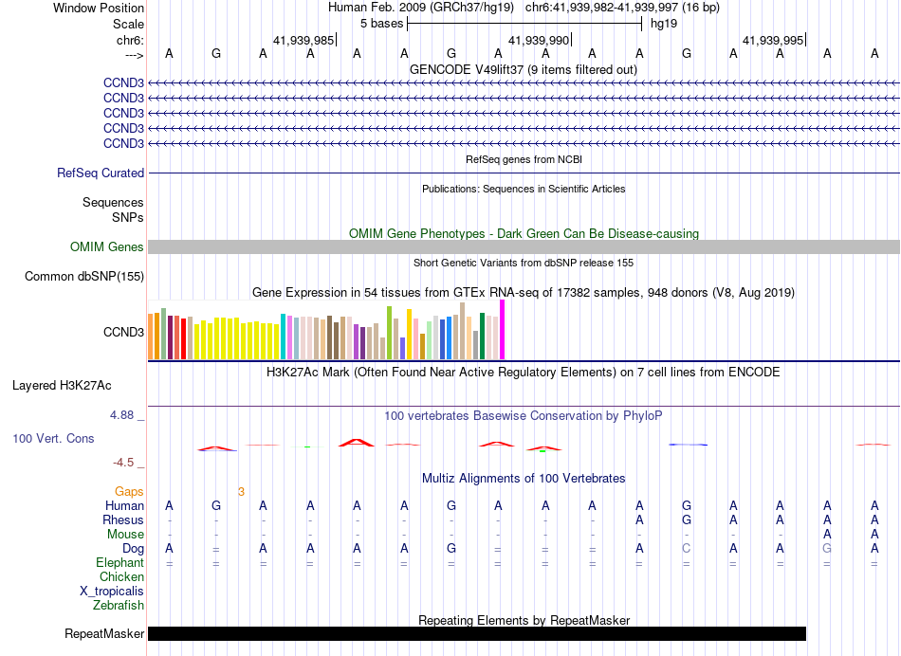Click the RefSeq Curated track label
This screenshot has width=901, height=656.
pos(101,173)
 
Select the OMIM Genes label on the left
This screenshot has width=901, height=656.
pos(107,247)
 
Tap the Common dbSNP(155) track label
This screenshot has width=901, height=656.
pos(84,277)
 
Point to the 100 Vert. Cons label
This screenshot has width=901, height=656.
pos(52,439)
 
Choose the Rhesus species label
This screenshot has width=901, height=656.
pos(123,520)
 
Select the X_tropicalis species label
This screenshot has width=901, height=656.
pos(112,592)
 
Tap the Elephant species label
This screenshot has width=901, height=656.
pos(120,563)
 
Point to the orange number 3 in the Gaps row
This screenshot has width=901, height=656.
pos(241,492)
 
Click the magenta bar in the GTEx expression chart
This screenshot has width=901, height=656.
pos(503,330)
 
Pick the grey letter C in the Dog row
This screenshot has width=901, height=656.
pos(687,549)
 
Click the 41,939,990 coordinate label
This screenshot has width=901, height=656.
pos(539,41)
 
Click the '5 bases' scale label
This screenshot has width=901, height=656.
pos(381,24)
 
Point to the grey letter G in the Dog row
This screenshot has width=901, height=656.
pos(827,549)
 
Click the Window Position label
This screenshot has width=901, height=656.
pos(99,8)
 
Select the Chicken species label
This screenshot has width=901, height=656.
pos(122,577)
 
